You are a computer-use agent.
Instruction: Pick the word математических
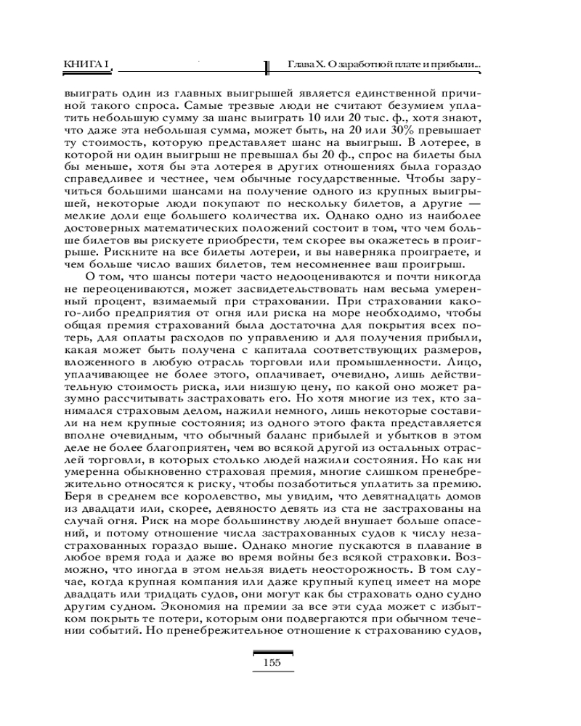(x=207, y=227)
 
